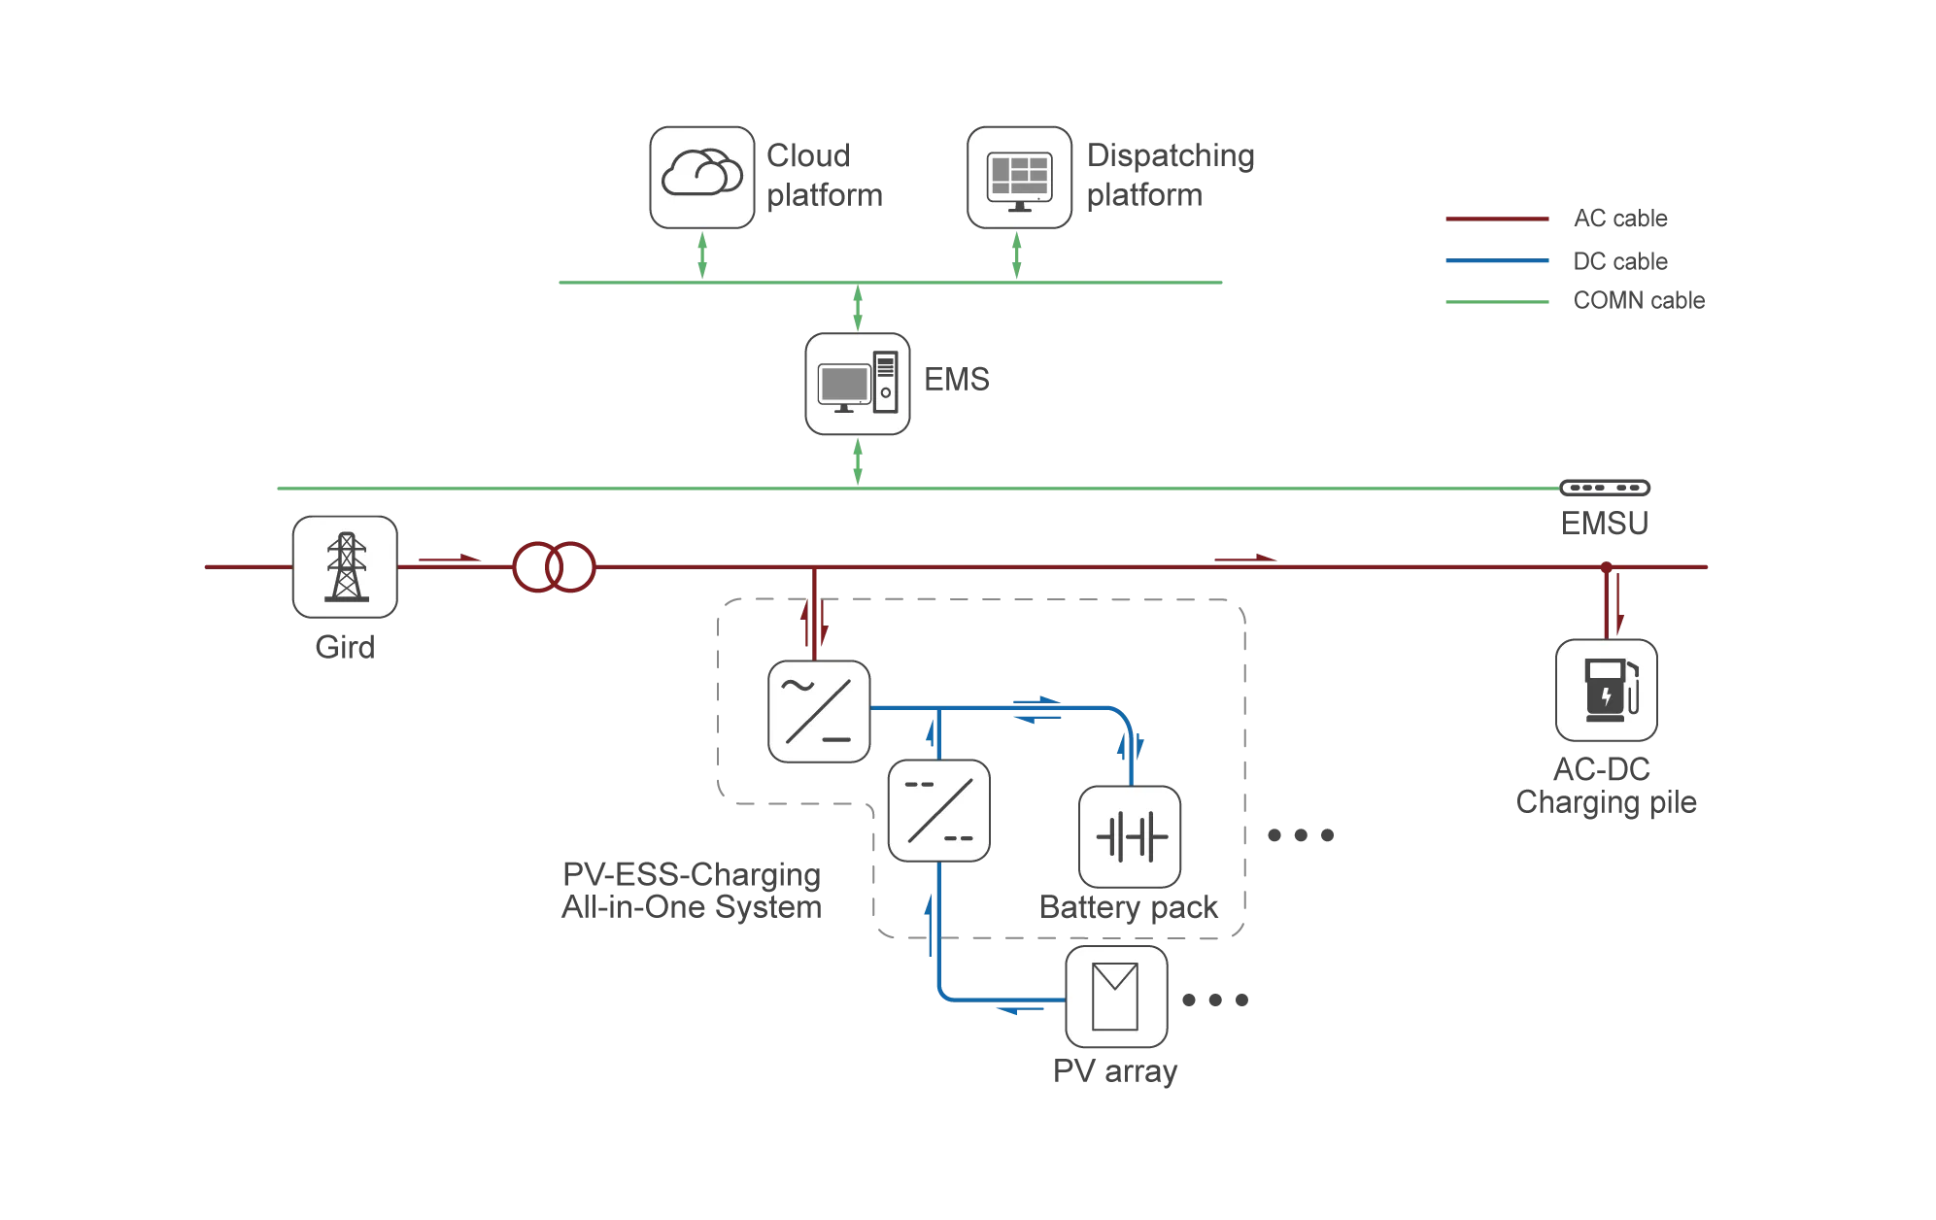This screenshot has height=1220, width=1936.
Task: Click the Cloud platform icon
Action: click(702, 178)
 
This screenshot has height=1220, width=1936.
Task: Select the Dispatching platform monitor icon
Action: click(1019, 178)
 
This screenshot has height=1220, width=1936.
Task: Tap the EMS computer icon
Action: click(858, 384)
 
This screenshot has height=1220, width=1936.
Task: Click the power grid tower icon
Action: click(345, 567)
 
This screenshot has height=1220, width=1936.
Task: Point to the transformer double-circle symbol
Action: click(554, 567)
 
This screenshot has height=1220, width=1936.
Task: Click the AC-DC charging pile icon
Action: click(1607, 691)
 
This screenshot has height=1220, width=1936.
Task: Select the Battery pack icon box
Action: click(1130, 836)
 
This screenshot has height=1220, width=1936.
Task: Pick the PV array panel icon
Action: click(1116, 997)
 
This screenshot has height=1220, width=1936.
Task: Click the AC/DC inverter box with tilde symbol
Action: click(819, 712)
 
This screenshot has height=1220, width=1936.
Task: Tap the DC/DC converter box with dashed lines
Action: click(939, 811)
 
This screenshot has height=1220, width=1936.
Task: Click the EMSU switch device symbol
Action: click(1605, 488)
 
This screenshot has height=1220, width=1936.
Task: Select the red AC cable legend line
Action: click(1497, 220)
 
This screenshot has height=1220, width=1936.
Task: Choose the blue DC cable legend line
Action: click(1497, 260)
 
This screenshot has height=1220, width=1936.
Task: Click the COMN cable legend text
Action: click(1639, 301)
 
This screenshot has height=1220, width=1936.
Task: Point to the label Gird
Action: click(345, 647)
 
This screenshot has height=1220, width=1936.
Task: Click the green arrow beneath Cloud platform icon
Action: click(702, 255)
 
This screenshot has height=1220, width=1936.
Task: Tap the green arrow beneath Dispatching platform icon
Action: click(1017, 255)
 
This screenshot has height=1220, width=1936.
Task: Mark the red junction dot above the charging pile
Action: click(1607, 567)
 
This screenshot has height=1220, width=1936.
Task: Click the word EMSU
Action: click(1605, 524)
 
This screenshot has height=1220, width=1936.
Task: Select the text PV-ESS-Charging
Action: click(692, 875)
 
